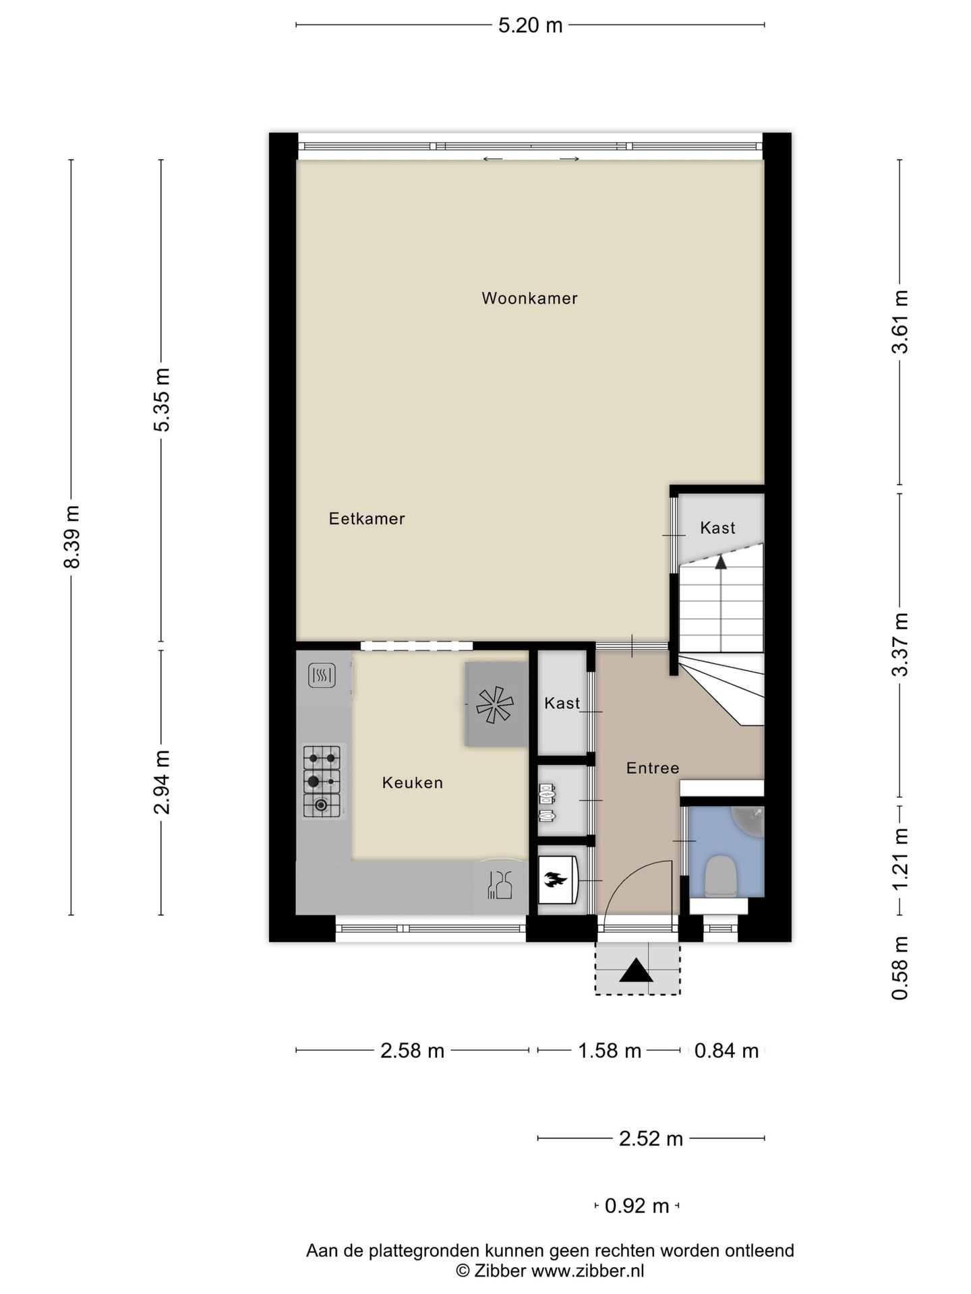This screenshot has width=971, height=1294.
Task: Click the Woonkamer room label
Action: click(529, 298)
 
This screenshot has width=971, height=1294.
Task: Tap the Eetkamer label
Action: click(367, 518)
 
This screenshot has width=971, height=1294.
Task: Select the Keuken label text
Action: click(413, 782)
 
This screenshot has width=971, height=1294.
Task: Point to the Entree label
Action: click(653, 768)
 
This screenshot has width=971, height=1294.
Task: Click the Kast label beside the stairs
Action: click(717, 528)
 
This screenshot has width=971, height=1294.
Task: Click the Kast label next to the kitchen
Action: click(562, 703)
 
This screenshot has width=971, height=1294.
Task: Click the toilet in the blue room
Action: click(719, 877)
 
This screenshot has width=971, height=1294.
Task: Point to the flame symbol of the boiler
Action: click(556, 879)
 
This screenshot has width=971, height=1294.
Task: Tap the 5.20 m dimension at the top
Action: click(530, 26)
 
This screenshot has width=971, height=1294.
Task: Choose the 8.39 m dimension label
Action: click(71, 537)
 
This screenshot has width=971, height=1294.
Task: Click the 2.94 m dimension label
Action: click(162, 782)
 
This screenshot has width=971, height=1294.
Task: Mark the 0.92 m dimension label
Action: click(637, 1206)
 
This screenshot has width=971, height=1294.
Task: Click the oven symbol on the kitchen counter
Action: click(322, 675)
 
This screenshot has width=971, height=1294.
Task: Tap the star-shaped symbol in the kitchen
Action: click(495, 704)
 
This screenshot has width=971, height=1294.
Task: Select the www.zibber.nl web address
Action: click(588, 1271)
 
